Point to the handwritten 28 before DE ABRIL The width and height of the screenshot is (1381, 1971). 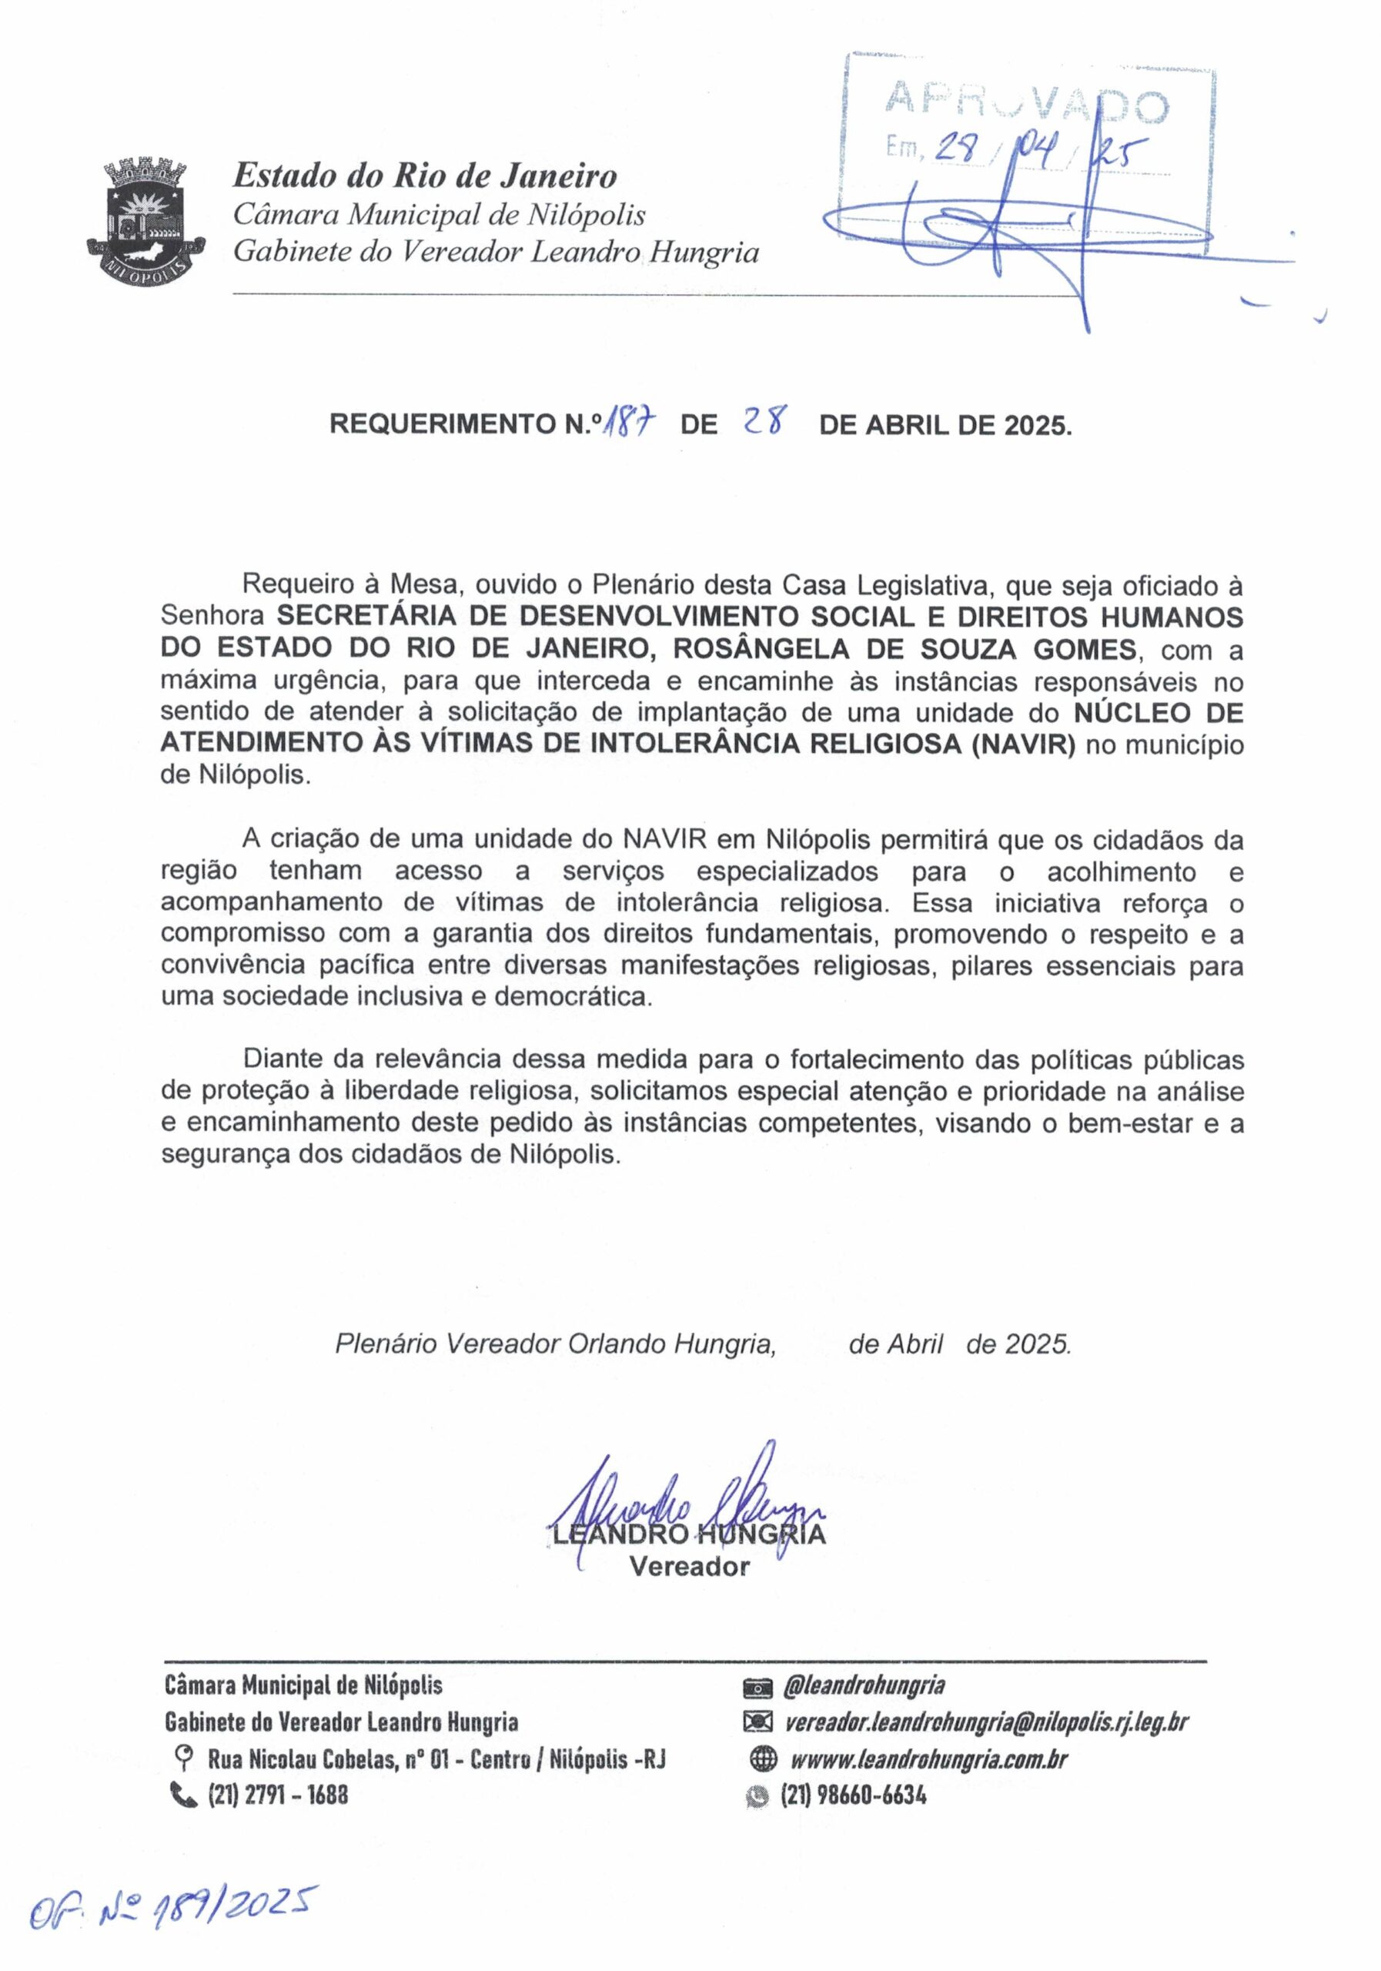click(x=760, y=423)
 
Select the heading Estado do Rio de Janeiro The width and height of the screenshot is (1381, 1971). click(x=425, y=176)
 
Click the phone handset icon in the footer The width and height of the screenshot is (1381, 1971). click(x=184, y=1795)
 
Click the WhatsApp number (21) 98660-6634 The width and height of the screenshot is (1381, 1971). click(x=853, y=1795)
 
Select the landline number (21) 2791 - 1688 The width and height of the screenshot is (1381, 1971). click(x=278, y=1795)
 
